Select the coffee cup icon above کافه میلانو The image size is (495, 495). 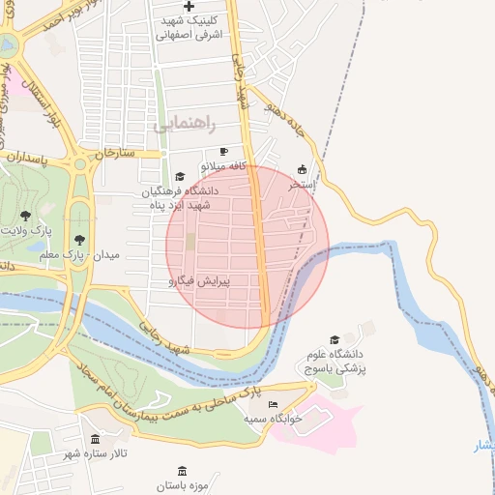(x=224, y=152)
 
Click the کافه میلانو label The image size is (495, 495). (x=224, y=166)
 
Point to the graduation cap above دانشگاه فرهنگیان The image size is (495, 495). (x=180, y=177)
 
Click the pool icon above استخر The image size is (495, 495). (x=302, y=167)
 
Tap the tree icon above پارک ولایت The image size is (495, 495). (x=25, y=216)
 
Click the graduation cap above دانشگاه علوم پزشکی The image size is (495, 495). (x=335, y=340)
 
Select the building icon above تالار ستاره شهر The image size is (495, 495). (x=95, y=438)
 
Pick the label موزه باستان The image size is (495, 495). (x=179, y=484)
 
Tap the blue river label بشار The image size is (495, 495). (x=482, y=445)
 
